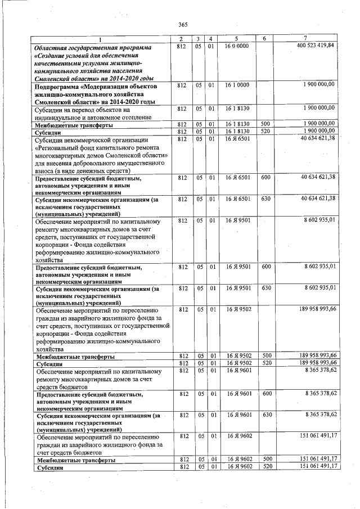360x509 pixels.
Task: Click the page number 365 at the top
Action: click(x=182, y=24)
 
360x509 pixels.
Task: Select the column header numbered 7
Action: click(x=304, y=38)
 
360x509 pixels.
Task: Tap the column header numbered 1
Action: click(x=101, y=39)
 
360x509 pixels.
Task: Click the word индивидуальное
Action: click(x=66, y=117)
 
